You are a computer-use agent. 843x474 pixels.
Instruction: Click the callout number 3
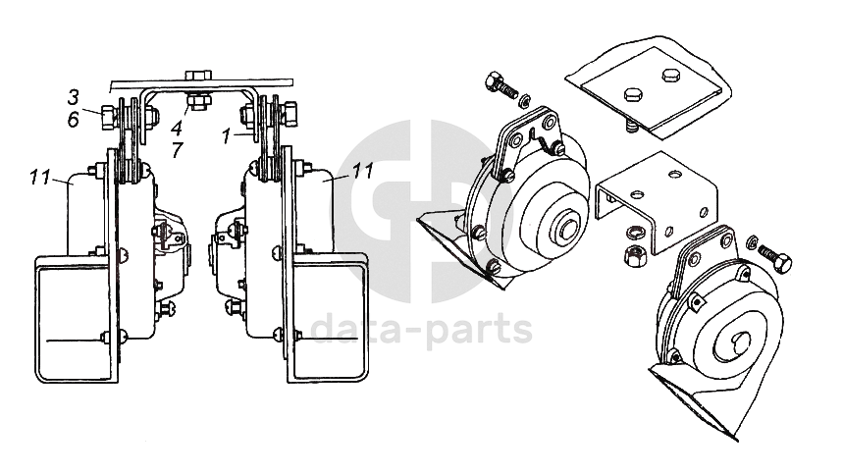(x=74, y=97)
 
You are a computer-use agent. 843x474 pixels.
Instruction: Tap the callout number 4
(x=178, y=128)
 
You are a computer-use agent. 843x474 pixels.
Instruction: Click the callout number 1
(x=227, y=136)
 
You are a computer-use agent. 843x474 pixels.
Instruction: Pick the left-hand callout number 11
(x=39, y=178)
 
